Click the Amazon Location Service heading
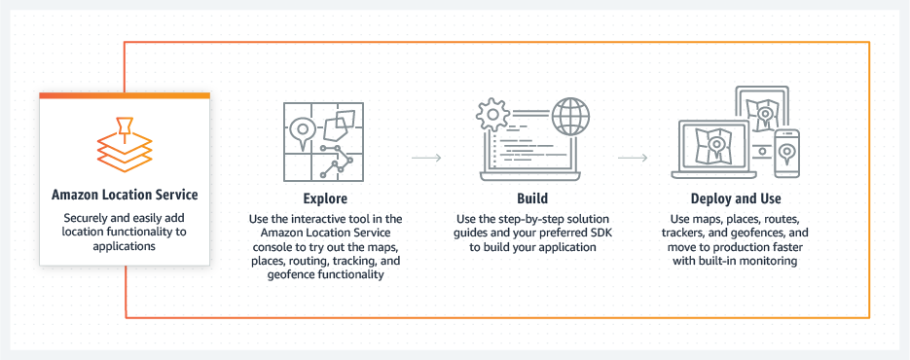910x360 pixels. coord(125,195)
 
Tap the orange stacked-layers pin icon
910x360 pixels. coord(125,145)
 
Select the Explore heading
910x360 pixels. coord(326,198)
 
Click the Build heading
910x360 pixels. coord(532,198)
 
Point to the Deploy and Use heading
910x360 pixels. coord(736,198)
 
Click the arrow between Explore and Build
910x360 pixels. coord(426,158)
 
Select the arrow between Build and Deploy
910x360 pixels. coord(633,158)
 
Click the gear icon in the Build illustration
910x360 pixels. coord(492,115)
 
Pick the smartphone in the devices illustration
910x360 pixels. coord(787,154)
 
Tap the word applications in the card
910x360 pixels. coord(125,246)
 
